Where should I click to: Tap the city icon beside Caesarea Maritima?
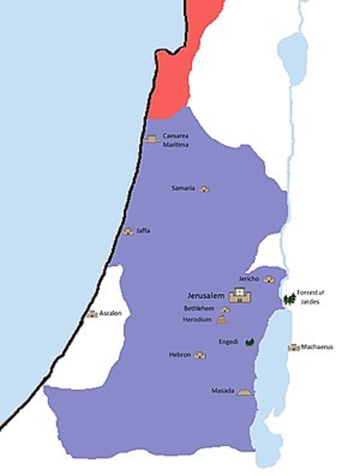point(152,139)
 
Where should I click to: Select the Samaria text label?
point(183,188)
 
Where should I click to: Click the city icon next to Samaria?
point(205,189)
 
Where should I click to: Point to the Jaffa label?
point(143,230)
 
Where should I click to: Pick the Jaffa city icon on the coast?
point(128,231)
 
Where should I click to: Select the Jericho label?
point(248,279)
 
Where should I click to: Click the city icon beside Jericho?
point(268,279)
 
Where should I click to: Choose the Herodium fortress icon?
point(223,320)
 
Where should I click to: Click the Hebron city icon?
point(200,355)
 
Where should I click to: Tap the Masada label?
point(222,391)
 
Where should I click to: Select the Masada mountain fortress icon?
point(244,391)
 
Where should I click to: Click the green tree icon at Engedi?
point(250,342)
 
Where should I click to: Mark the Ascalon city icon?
point(91,314)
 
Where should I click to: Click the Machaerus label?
point(317,347)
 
